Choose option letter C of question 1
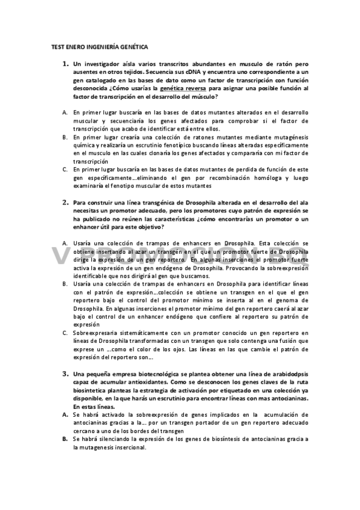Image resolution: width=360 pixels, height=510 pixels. [64, 170]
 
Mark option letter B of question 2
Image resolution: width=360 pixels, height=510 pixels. [64, 281]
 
